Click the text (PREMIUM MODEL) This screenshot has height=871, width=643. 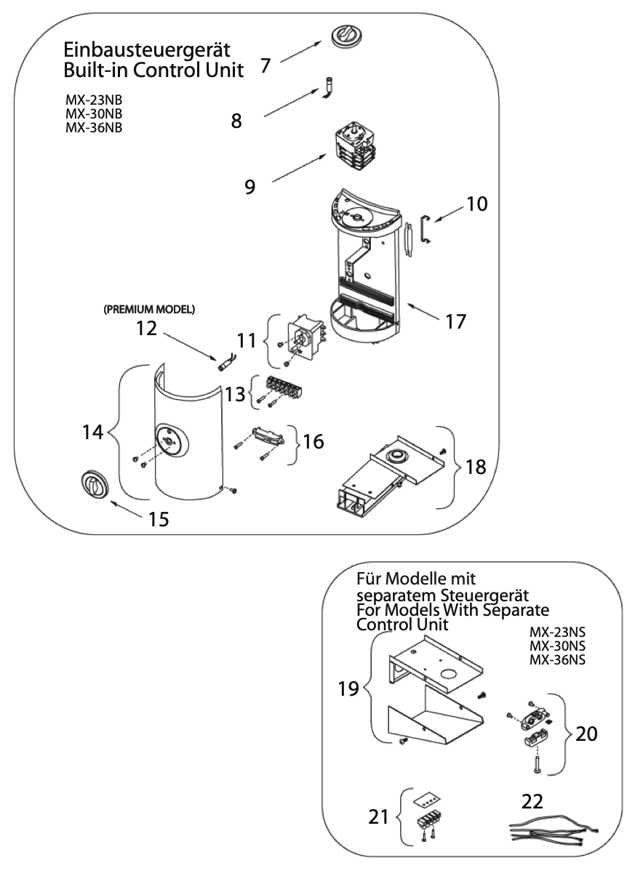coord(148,309)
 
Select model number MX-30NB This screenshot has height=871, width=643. coord(94,114)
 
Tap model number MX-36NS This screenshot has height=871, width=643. coord(557,660)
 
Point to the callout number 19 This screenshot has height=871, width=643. coord(349,689)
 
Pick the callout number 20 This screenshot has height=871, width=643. coord(586,734)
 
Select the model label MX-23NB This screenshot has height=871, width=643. coord(94,100)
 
